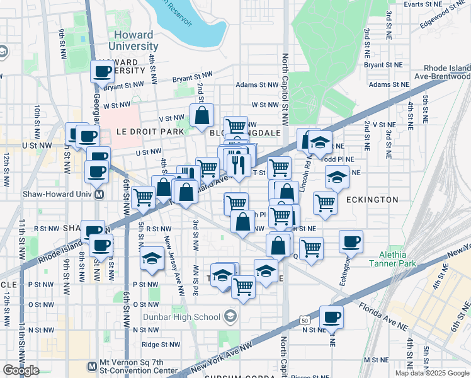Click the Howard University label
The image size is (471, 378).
pyautogui.click(x=136, y=41)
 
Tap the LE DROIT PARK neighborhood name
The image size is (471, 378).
pyautogui.click(x=150, y=132)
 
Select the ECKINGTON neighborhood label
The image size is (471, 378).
pyautogui.click(x=372, y=200)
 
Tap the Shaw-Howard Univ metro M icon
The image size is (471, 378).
pyautogui.click(x=99, y=195)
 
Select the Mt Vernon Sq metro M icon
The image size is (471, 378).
pyautogui.click(x=92, y=365)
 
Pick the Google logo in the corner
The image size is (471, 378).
pyautogui.click(x=21, y=370)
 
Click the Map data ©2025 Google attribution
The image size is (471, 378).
pyautogui.click(x=432, y=373)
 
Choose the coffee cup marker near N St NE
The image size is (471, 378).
pyautogui.click(x=331, y=316)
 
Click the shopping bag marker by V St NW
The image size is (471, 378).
pyautogui.click(x=201, y=115)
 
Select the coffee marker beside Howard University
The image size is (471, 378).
pyautogui.click(x=102, y=72)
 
